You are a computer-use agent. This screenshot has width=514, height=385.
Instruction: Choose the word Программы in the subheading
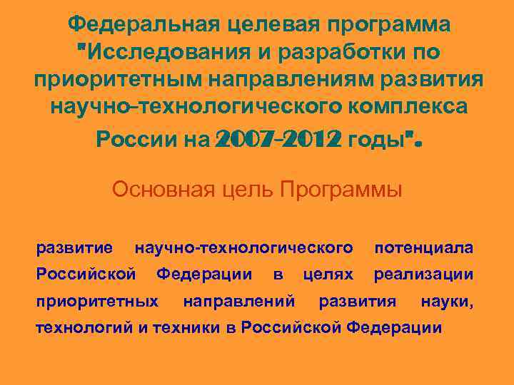[341, 191]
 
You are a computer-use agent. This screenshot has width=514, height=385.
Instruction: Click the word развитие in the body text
[74, 248]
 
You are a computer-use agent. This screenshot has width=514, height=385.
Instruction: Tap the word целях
[328, 274]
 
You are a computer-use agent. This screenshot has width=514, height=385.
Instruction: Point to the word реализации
[423, 274]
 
